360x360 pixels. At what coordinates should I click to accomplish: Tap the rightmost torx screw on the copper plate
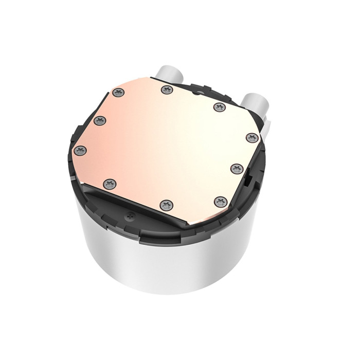[x=250, y=137]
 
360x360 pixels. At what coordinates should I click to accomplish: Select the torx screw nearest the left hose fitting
[x=166, y=90]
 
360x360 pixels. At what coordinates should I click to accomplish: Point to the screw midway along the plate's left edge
[x=100, y=120]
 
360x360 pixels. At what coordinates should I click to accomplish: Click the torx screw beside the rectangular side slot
[x=237, y=168]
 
